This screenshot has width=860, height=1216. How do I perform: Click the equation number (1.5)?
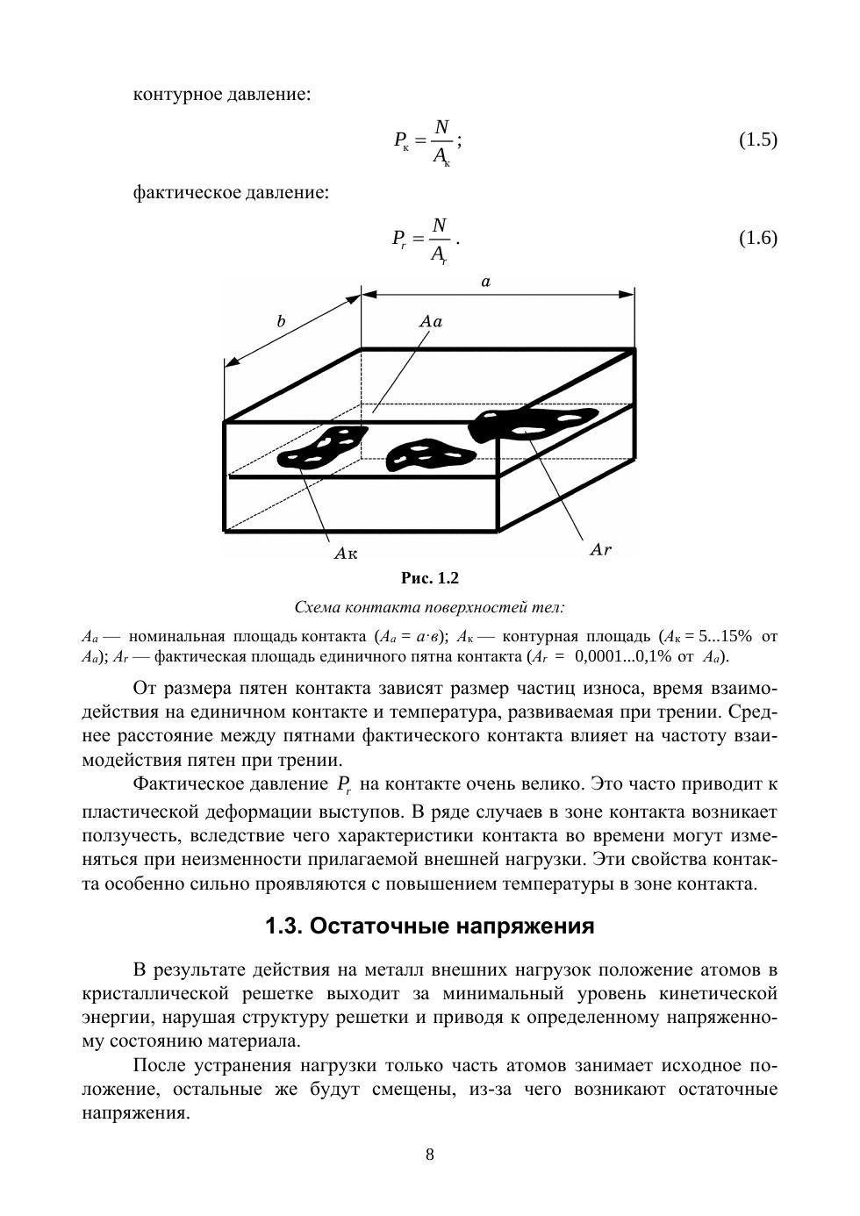757,139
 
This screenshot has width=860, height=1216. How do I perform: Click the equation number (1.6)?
757,238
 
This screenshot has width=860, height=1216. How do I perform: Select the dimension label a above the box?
485,282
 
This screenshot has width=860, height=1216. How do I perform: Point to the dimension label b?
281,321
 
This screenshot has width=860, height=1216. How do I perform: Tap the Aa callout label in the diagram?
431,321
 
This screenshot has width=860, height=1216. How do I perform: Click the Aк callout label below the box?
347,553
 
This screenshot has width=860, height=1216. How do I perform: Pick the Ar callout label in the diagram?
600,550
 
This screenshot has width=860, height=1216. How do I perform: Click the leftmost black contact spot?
326,448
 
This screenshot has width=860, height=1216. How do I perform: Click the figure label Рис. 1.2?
430,578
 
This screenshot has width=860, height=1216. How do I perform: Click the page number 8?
430,1155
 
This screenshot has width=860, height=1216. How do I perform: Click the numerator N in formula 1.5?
441,127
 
